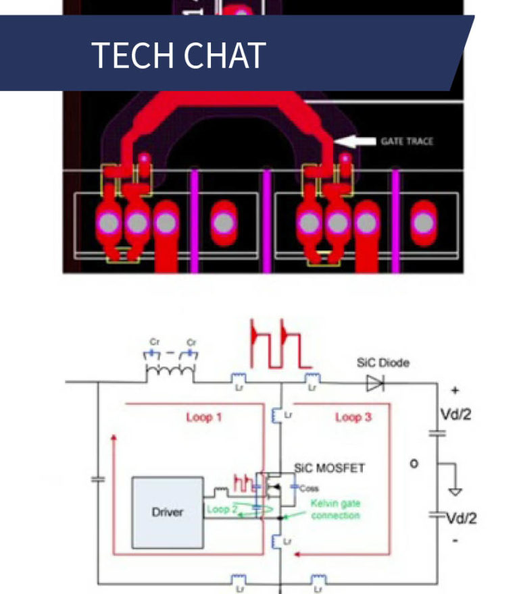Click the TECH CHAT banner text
pos(178,55)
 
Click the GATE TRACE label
pos(407,141)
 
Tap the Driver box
pos(167,511)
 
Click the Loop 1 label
pos(203,417)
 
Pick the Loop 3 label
pos(353,417)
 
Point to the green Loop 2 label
pos(222,509)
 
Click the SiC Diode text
pos(382,363)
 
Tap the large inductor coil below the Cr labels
pos(170,371)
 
